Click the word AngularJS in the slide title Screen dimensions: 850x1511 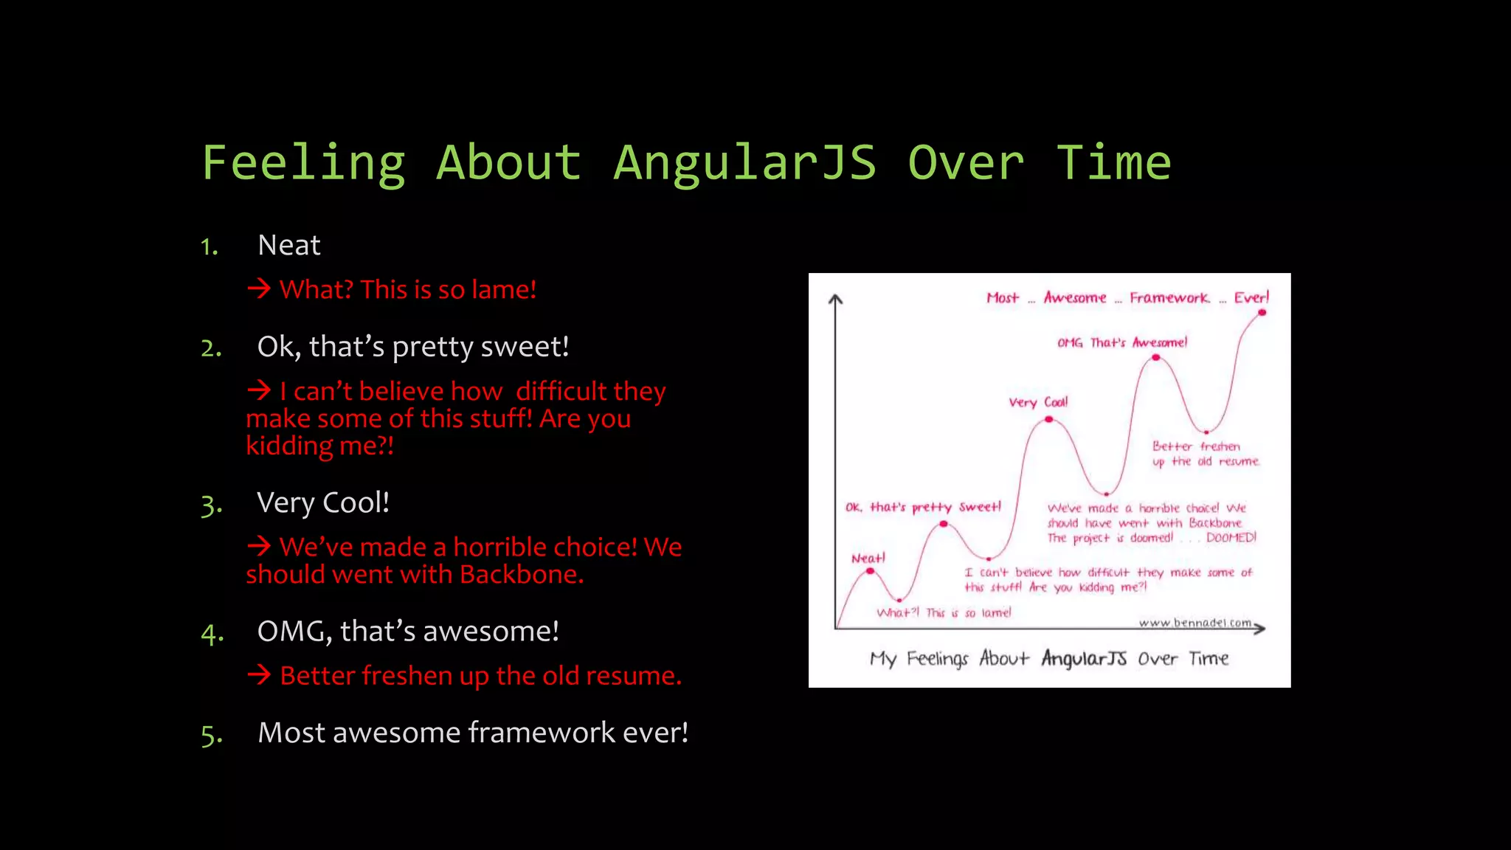click(744, 163)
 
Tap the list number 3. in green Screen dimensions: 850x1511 click(211, 506)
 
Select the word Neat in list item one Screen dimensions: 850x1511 click(288, 246)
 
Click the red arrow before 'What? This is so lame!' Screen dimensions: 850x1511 click(259, 288)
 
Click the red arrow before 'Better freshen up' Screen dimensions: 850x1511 click(259, 674)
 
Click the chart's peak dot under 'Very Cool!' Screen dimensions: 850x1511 click(1048, 420)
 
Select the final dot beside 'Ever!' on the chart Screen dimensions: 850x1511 click(1262, 313)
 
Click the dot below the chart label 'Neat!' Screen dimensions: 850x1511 click(871, 571)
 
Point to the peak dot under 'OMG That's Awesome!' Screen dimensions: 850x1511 click(1156, 358)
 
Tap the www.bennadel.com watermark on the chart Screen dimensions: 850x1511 click(1194, 623)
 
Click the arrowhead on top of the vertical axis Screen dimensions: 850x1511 click(835, 299)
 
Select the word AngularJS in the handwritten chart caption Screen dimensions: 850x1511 click(1083, 658)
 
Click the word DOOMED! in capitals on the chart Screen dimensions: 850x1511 click(1231, 538)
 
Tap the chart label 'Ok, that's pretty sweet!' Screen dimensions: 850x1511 click(922, 507)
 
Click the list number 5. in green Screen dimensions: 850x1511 click(211, 736)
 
